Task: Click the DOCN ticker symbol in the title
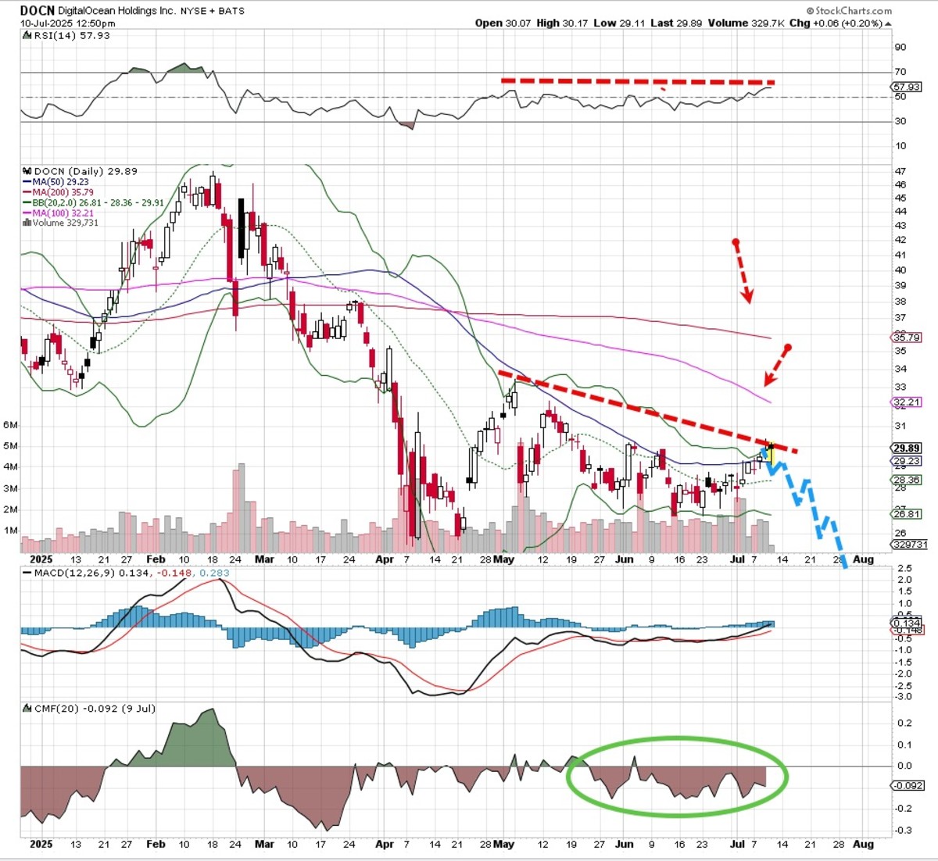pyautogui.click(x=38, y=11)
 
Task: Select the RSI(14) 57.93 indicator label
pyautogui.click(x=70, y=36)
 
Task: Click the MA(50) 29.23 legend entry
pyautogui.click(x=60, y=181)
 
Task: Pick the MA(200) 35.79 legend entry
pyautogui.click(x=63, y=192)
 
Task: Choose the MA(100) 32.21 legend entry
pyautogui.click(x=63, y=213)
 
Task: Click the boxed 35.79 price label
pyautogui.click(x=907, y=338)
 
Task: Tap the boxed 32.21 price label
pyautogui.click(x=907, y=402)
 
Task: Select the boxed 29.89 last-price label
pyautogui.click(x=907, y=448)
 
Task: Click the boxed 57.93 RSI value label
pyautogui.click(x=907, y=87)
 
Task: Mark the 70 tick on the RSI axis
pyautogui.click(x=900, y=72)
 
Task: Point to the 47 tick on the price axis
pyautogui.click(x=900, y=171)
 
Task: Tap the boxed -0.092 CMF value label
pyautogui.click(x=908, y=786)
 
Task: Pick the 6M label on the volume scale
pyautogui.click(x=11, y=425)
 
